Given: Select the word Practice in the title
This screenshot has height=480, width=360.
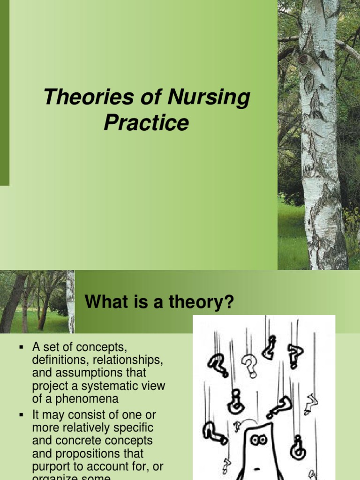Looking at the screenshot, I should (146, 123).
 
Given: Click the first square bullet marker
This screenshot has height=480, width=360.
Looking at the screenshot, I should (21, 347).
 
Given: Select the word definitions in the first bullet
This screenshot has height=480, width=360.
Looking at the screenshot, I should (59, 360).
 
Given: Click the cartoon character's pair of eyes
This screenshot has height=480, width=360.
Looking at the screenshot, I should (258, 440).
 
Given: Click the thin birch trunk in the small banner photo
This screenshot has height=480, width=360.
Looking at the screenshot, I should (70, 301).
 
